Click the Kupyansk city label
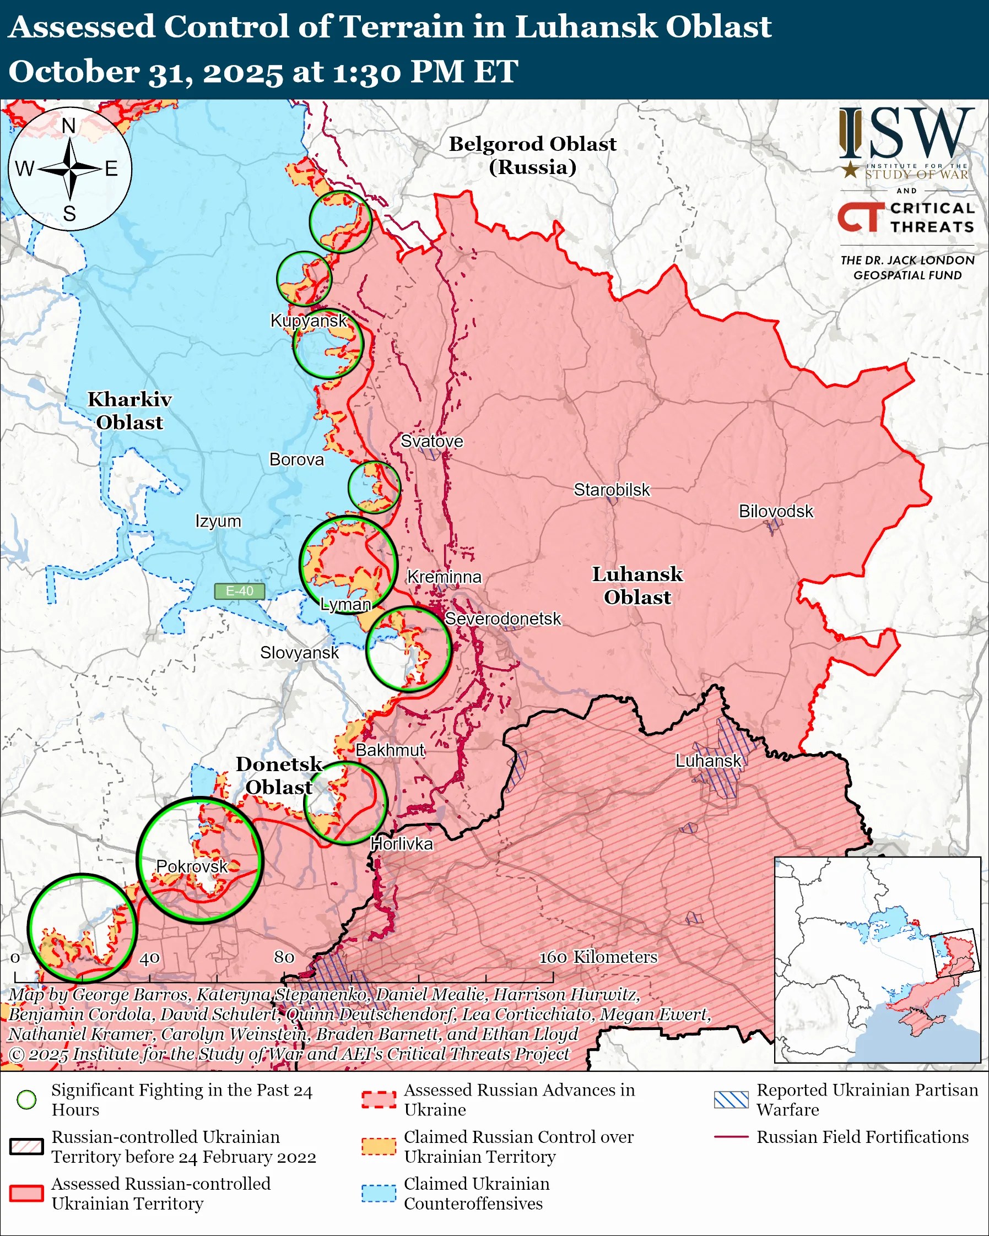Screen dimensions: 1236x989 pos(309,321)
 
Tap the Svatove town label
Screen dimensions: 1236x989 pos(431,441)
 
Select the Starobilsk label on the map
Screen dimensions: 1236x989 pos(612,490)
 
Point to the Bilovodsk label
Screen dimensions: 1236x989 pos(775,511)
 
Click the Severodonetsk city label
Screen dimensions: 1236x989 pos(503,619)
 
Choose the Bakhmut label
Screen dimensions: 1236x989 pos(390,750)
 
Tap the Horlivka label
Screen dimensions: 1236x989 pos(401,843)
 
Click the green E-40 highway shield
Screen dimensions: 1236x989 pos(239,591)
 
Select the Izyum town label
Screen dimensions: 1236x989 pos(218,521)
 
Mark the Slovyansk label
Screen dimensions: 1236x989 pos(299,652)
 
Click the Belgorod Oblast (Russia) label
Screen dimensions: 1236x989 pos(532,155)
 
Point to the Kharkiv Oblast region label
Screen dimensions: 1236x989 pos(129,410)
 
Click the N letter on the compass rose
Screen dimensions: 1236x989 pos(69,126)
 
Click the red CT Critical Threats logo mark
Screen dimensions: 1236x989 pos(860,217)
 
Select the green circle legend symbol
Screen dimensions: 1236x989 pos(26,1099)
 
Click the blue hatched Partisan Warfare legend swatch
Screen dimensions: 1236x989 pos(731,1099)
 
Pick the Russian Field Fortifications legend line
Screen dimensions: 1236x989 pos(731,1136)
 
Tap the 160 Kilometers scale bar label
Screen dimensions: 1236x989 pos(598,956)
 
